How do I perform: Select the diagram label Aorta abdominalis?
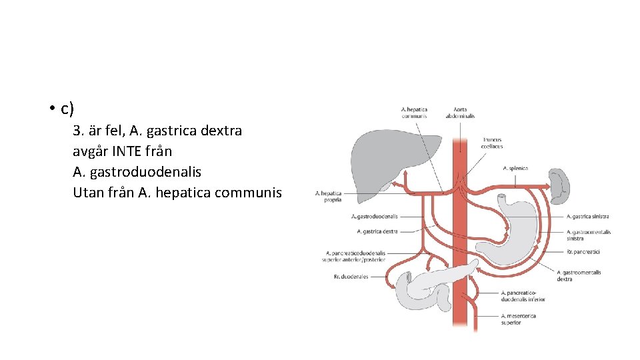(460, 113)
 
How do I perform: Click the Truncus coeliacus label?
(493, 143)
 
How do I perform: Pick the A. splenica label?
(515, 168)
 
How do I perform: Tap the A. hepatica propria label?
(329, 196)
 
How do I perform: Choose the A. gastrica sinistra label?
(587, 216)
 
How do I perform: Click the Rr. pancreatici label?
(583, 252)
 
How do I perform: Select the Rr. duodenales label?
(351, 277)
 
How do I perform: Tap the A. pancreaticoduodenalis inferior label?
(523, 297)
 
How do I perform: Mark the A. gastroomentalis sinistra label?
(589, 235)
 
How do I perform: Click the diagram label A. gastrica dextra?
(377, 231)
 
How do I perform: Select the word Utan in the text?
(87, 193)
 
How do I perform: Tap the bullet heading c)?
(66, 109)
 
